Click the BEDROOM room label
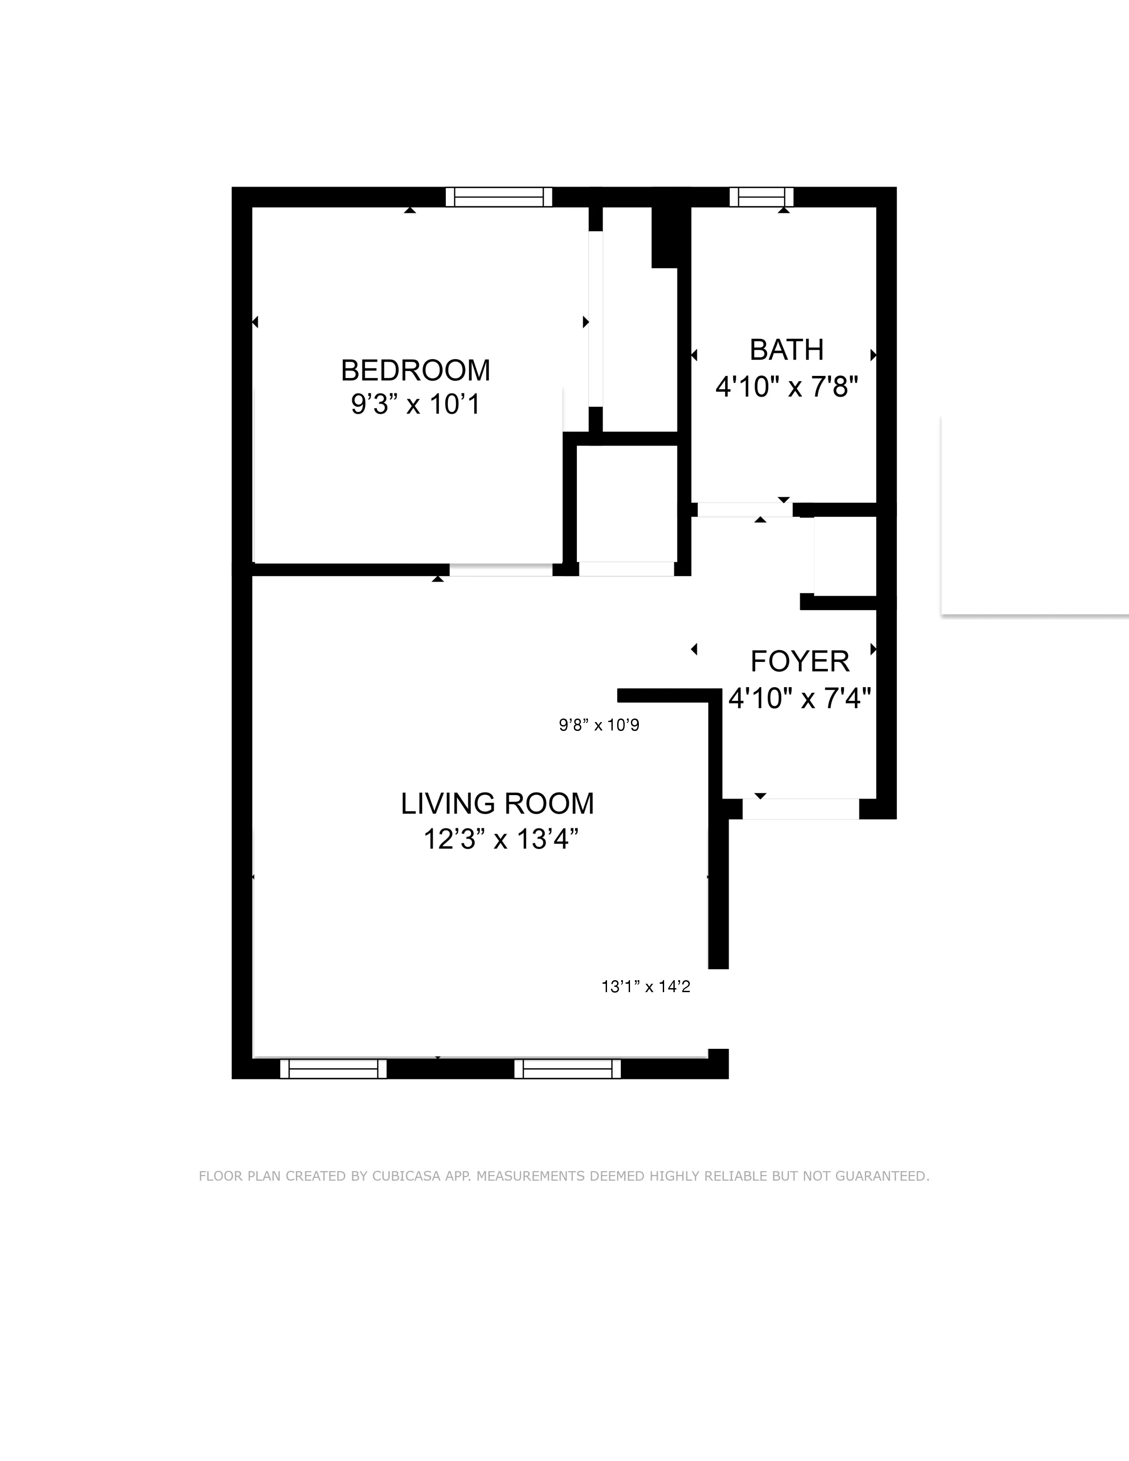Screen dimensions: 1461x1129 tap(415, 370)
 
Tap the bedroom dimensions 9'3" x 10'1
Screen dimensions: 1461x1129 tap(415, 405)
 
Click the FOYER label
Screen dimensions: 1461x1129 tap(800, 661)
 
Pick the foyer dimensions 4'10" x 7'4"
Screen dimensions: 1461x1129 tap(800, 699)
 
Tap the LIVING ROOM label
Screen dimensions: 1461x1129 tap(497, 804)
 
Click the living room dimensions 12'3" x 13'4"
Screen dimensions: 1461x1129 tap(500, 839)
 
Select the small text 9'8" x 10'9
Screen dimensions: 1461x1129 tap(599, 725)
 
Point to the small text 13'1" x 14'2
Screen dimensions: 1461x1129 tap(646, 987)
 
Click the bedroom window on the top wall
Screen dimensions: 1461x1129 tap(499, 197)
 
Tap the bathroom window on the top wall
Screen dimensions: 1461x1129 tap(761, 197)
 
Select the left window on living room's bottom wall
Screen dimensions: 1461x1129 tap(333, 1069)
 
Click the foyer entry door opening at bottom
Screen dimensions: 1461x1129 tap(800, 809)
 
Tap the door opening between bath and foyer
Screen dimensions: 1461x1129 tap(744, 510)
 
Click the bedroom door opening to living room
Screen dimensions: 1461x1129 tap(500, 569)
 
